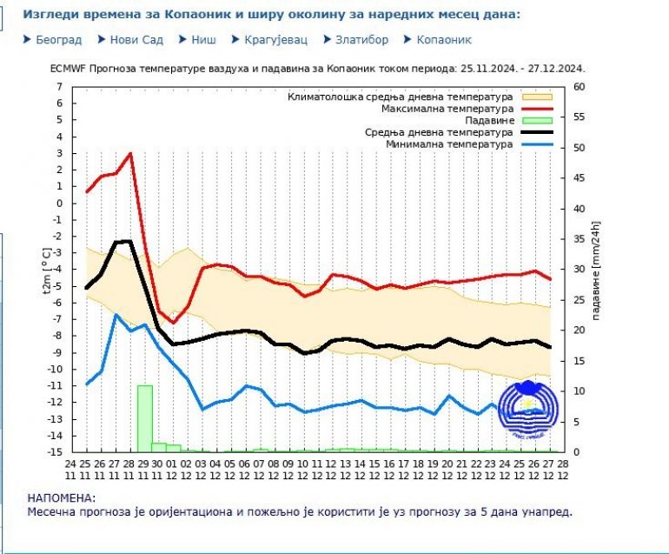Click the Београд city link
[58, 40]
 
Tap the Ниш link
[202, 40]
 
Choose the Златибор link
[361, 40]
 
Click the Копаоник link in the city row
[443, 40]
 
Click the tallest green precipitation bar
[144, 417]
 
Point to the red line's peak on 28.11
[130, 154]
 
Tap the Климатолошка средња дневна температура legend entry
[401, 97]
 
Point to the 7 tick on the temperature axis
[59, 87]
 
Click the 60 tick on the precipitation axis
[579, 87]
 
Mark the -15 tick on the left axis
[56, 452]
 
